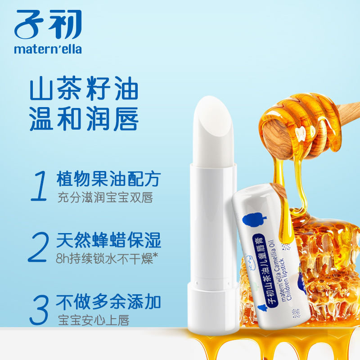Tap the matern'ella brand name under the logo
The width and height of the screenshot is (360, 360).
[x=48, y=49]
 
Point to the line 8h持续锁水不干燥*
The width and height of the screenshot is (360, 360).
[x=106, y=260]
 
